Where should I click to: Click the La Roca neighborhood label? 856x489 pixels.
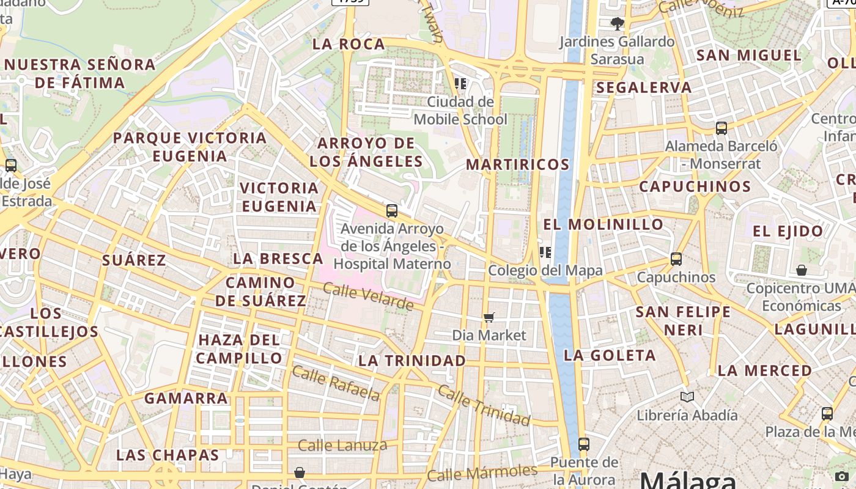pyautogui.click(x=349, y=44)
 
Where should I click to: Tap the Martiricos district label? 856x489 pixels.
pyautogui.click(x=517, y=164)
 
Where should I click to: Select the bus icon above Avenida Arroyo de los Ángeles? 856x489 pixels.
pyautogui.click(x=392, y=211)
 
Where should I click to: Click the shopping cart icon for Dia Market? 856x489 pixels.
pyautogui.click(x=489, y=317)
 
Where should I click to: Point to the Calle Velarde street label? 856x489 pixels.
pyautogui.click(x=368, y=296)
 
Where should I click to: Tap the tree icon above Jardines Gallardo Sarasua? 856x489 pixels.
pyautogui.click(x=617, y=24)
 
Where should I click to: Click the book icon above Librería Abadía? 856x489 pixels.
pyautogui.click(x=687, y=397)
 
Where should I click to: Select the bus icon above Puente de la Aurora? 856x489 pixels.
pyautogui.click(x=584, y=444)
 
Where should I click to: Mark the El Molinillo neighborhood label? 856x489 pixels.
pyautogui.click(x=603, y=224)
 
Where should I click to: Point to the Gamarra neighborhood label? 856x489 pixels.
pyautogui.click(x=186, y=399)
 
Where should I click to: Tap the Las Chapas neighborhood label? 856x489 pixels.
pyautogui.click(x=168, y=455)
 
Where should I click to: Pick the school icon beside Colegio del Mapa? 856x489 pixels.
pyautogui.click(x=545, y=252)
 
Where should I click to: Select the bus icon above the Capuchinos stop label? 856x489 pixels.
pyautogui.click(x=676, y=259)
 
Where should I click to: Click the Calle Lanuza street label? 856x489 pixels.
pyautogui.click(x=342, y=446)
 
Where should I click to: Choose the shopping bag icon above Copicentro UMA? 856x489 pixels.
pyautogui.click(x=802, y=270)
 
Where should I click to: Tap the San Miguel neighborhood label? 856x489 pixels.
pyautogui.click(x=748, y=55)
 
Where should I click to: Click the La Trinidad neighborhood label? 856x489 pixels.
pyautogui.click(x=412, y=361)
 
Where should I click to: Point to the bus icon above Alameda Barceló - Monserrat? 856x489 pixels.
pyautogui.click(x=721, y=128)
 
